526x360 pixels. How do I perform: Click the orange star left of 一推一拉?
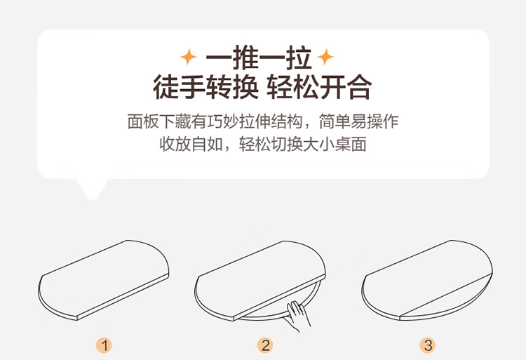click(189, 57)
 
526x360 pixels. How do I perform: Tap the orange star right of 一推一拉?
click(325, 57)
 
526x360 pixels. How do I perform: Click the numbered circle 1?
click(104, 345)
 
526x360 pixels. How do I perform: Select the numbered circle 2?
click(265, 345)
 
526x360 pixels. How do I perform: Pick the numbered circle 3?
click(428, 345)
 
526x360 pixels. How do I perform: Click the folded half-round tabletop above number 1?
click(104, 280)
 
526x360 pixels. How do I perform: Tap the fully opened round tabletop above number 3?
click(427, 280)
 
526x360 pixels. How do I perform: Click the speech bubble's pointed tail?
click(93, 189)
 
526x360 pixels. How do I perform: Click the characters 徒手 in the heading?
click(180, 87)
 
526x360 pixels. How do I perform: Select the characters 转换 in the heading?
click(232, 87)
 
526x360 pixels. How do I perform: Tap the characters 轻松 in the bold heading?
click(293, 87)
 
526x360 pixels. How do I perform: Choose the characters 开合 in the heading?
click(346, 87)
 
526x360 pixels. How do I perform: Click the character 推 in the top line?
click(246, 58)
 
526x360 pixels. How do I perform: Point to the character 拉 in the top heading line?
click(299, 58)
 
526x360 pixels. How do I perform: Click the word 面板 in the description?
click(143, 121)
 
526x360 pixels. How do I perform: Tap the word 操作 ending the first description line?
click(383, 121)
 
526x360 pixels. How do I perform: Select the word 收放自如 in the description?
click(191, 145)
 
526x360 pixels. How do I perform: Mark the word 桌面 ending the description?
click(351, 145)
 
